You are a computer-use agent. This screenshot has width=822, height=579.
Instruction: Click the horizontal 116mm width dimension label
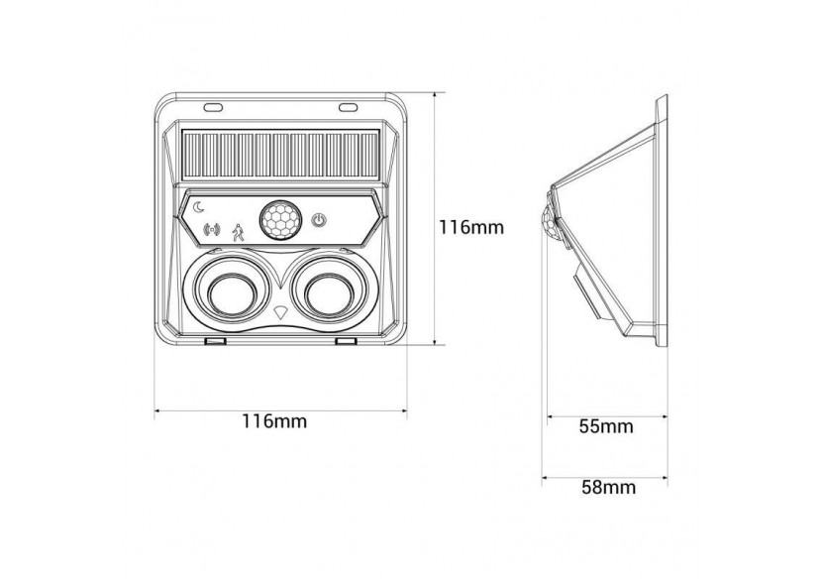[274, 420]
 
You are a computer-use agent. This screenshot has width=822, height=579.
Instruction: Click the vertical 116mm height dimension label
[472, 226]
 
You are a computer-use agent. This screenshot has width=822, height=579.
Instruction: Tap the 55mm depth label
[605, 427]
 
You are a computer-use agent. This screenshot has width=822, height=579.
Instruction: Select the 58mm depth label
[605, 487]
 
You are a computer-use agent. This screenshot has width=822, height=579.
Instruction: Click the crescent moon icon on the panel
[199, 207]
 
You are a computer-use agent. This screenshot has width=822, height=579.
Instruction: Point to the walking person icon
[238, 232]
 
